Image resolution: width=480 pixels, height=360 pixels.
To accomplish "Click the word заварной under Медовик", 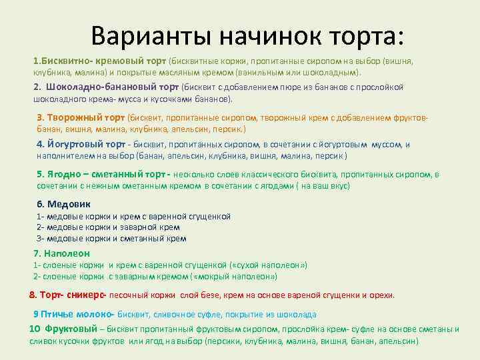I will pos(142,227).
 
